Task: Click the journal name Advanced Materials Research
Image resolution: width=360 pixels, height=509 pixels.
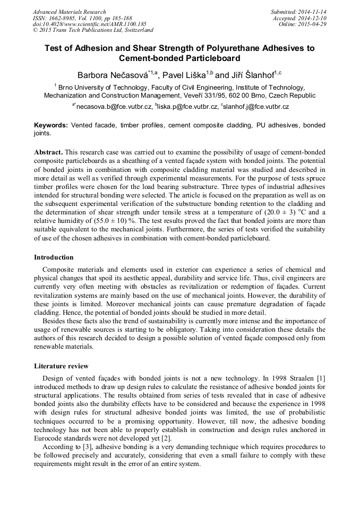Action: click(x=69, y=12)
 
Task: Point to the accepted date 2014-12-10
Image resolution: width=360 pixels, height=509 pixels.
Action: click(x=313, y=18)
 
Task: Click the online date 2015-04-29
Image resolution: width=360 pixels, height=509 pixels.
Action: click(x=313, y=24)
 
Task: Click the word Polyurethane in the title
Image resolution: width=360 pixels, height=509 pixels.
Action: click(x=230, y=48)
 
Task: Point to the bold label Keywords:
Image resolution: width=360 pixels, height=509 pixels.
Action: click(x=51, y=125)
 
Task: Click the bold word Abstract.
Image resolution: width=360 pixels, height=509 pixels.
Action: click(x=48, y=152)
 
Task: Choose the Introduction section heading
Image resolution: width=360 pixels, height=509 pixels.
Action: click(x=54, y=257)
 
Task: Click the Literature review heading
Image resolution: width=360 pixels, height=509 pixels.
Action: click(x=61, y=366)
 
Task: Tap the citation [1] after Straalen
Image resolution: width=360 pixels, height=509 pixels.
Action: click(x=320, y=377)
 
